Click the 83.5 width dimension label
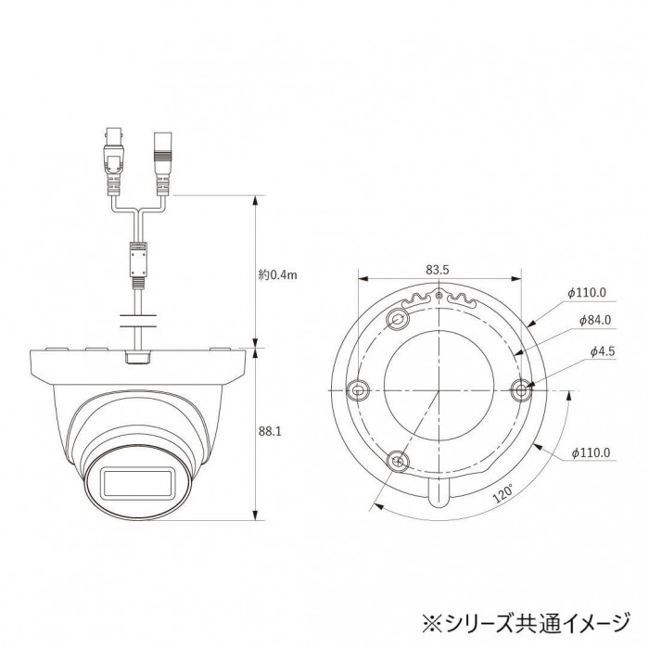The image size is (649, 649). (x=438, y=270)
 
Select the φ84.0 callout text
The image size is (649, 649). (x=595, y=320)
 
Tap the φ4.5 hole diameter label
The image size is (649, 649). (x=603, y=351)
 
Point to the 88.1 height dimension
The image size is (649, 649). (x=270, y=431)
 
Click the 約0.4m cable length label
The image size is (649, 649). (x=278, y=274)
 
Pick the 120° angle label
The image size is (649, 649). (x=503, y=494)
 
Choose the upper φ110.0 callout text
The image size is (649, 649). (x=587, y=293)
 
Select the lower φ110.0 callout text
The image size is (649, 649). (x=591, y=452)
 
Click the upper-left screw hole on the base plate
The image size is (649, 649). (x=398, y=319)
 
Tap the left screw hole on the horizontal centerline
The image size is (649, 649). (x=358, y=389)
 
